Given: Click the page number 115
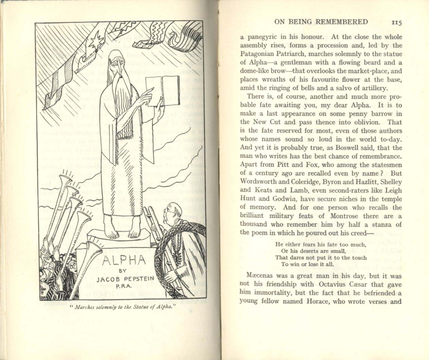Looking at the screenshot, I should pos(396,22).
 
